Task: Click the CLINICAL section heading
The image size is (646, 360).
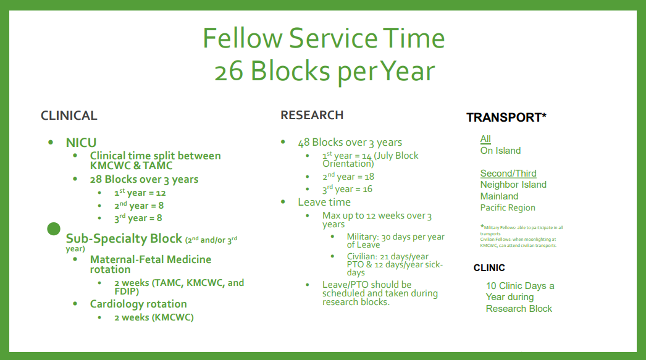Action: pos(69,115)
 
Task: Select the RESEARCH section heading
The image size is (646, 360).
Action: pos(312,115)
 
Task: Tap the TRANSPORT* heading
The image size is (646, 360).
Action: pos(506,117)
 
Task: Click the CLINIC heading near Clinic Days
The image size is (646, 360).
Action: pos(489,268)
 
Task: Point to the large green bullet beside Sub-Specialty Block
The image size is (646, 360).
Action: pos(54,228)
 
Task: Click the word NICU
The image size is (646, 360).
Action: pos(81,143)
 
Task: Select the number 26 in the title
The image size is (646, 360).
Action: pos(229,71)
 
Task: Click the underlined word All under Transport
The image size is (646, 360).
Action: pos(485,139)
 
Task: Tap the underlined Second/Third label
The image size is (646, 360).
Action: pos(508,174)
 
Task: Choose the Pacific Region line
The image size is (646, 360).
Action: pos(508,207)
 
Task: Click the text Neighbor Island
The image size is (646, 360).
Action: pos(513,185)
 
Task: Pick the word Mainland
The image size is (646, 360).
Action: pos(500,196)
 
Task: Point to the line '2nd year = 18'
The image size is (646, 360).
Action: pos(348,176)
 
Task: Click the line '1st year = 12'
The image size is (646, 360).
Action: pos(140,193)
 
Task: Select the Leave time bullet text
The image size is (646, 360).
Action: pos(324,203)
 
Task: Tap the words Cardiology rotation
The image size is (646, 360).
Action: pos(138,304)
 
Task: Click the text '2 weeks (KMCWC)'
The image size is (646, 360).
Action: pos(154,317)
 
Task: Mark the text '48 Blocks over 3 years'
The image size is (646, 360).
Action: pos(350,143)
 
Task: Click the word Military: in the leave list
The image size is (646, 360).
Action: pos(363,237)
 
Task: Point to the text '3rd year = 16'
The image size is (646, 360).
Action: pos(347,189)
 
